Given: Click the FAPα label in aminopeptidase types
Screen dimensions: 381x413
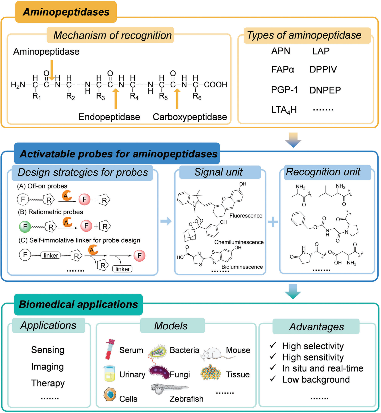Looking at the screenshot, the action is click(283, 70).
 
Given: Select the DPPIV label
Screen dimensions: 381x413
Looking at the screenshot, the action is click(323, 70).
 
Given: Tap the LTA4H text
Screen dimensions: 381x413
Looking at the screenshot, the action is click(284, 110).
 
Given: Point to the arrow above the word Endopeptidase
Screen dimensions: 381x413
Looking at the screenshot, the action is click(115, 99).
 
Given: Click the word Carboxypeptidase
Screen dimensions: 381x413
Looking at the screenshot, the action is click(190, 117).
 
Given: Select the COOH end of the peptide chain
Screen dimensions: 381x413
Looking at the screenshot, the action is click(215, 84).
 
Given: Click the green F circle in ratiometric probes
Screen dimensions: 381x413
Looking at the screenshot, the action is click(25, 227).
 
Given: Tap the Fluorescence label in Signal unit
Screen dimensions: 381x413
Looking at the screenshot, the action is click(246, 216).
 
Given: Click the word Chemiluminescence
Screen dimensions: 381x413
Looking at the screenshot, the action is click(239, 242).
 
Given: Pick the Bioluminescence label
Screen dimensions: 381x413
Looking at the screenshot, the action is click(242, 267).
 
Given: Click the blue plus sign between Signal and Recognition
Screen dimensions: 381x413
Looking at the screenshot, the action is click(273, 222).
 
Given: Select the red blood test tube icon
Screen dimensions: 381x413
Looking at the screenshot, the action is click(110, 349).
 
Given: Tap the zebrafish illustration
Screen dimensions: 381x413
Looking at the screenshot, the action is click(169, 389).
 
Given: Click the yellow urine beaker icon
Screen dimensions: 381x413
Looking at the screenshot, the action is click(109, 373).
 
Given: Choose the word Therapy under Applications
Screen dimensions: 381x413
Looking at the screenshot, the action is click(48, 383).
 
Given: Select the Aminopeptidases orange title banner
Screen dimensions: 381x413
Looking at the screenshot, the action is click(66, 12).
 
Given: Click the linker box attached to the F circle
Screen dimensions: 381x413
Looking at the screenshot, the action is click(51, 255).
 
